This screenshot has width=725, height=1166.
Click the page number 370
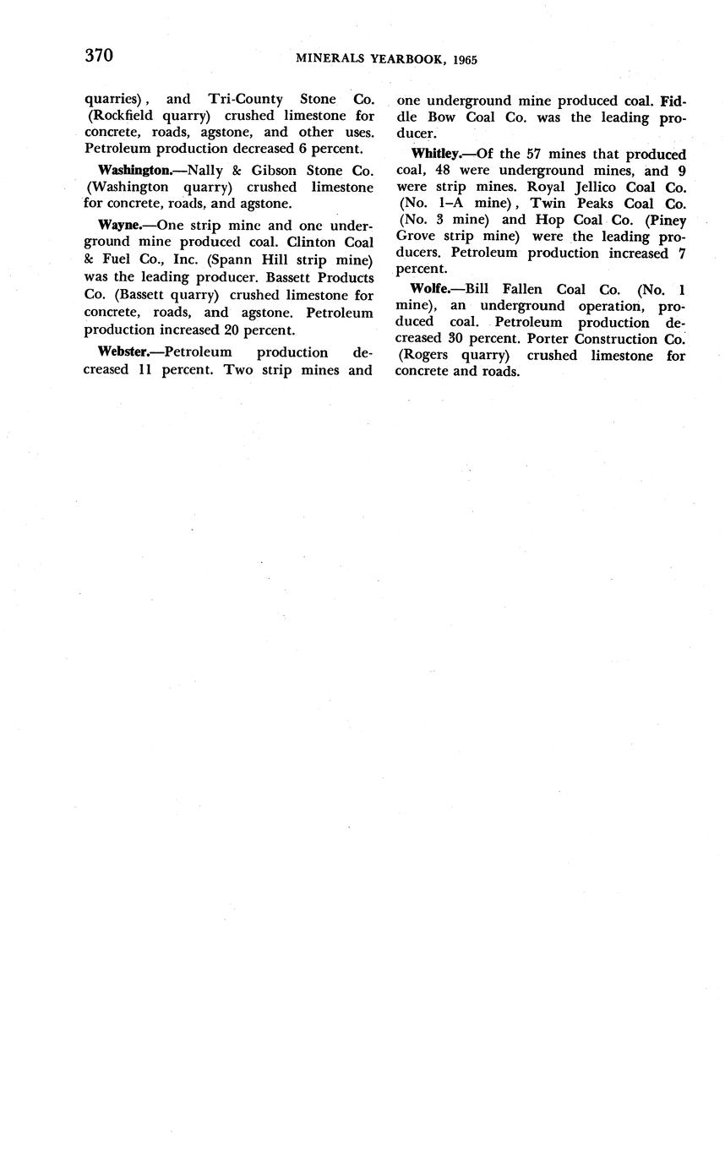[x=99, y=56]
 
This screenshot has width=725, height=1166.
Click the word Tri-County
[x=245, y=100]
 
